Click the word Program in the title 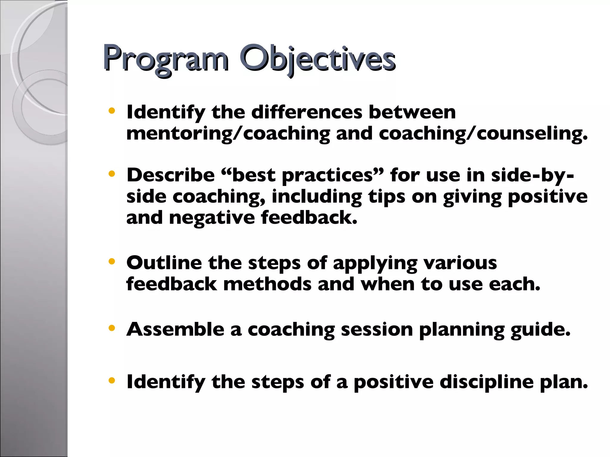coord(166,59)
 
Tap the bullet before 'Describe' coord(112,174)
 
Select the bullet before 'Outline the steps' coord(112,262)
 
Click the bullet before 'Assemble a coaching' coord(112,328)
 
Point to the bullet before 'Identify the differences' coord(112,111)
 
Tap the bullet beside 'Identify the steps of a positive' coord(112,380)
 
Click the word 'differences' coord(307,112)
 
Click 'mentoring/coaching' coord(228,134)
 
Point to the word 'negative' coord(212,218)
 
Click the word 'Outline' coord(164,263)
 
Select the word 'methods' coord(267,284)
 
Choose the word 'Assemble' coord(175,329)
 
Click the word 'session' coord(376,330)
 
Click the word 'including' coord(317,197)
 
